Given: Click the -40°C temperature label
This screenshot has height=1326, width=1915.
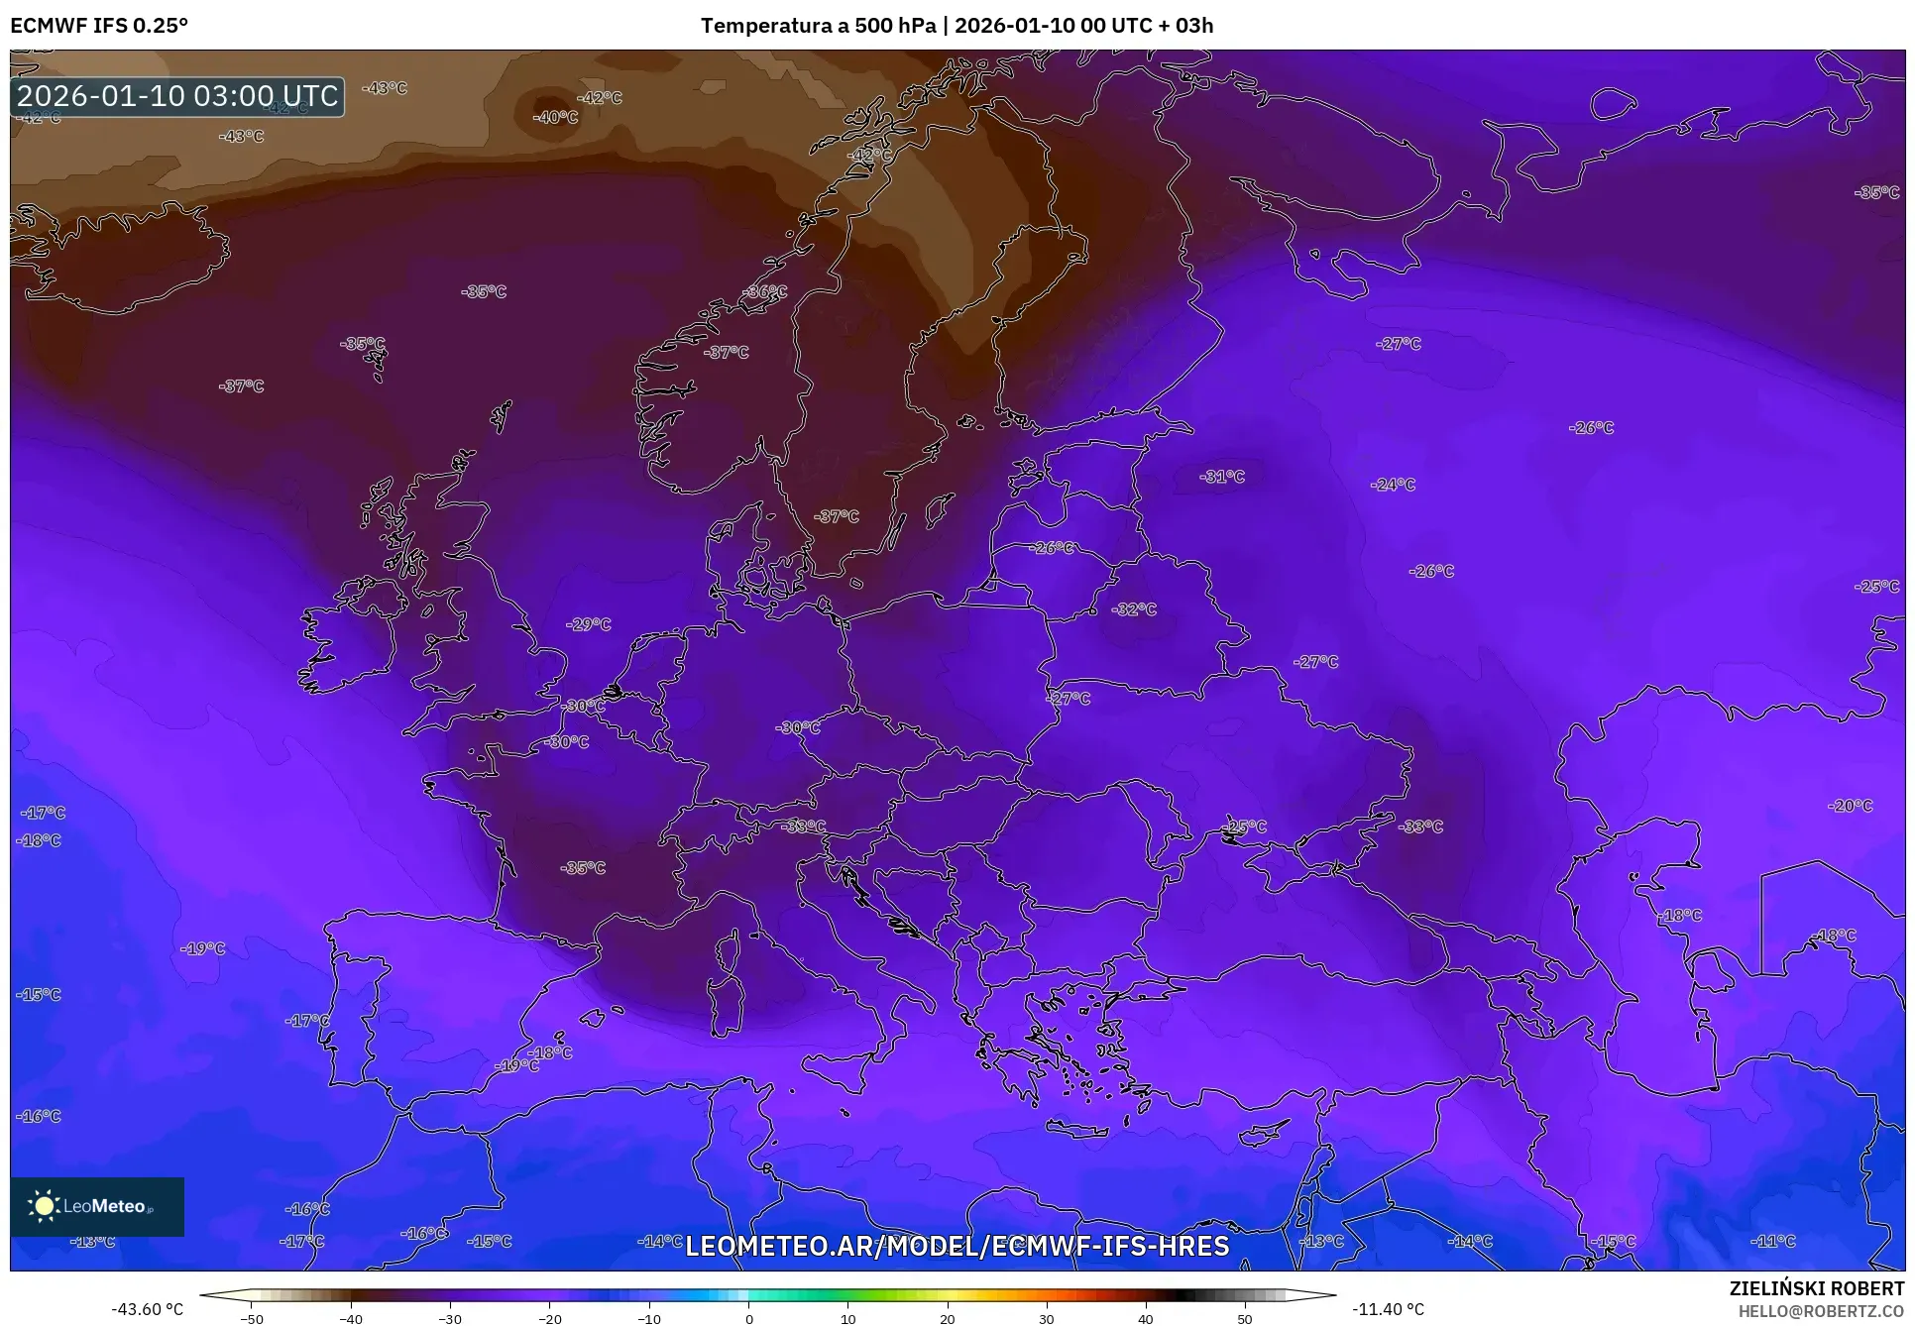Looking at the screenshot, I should pos(555,117).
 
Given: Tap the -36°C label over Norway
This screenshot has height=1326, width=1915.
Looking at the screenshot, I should pos(766,292).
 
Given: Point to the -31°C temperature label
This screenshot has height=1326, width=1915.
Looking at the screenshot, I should pos(1222,477).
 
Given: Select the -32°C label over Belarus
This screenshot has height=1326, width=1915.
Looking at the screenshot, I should pos(1135,609).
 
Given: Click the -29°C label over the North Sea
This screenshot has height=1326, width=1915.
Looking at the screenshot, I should pos(589,624).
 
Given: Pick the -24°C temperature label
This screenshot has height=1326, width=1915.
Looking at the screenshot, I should pos(1393,485).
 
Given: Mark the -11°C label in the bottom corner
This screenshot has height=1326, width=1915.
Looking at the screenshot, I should pos(1773,1241).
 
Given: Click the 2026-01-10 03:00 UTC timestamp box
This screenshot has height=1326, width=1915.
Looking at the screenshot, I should pos(178,96).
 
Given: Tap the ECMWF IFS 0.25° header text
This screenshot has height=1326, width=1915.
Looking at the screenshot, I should pos(99,26).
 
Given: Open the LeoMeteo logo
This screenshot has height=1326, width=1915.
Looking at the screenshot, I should pos(97,1206).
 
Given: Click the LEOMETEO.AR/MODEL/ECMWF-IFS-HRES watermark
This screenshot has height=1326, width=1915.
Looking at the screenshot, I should pos(957,1246).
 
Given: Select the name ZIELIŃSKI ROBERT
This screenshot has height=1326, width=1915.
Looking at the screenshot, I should pos(1817,1288).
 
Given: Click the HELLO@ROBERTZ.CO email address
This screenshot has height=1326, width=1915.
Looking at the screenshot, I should pos(1821,1310).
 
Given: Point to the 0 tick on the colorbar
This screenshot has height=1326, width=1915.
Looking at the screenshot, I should pos(748,1319).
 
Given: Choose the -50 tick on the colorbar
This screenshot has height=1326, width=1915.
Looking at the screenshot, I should pos(252,1319).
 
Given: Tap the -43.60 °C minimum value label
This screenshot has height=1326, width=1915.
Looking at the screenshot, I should pos(147,1309).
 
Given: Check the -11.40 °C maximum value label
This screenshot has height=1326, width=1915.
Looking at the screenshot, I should pos(1388,1309).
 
